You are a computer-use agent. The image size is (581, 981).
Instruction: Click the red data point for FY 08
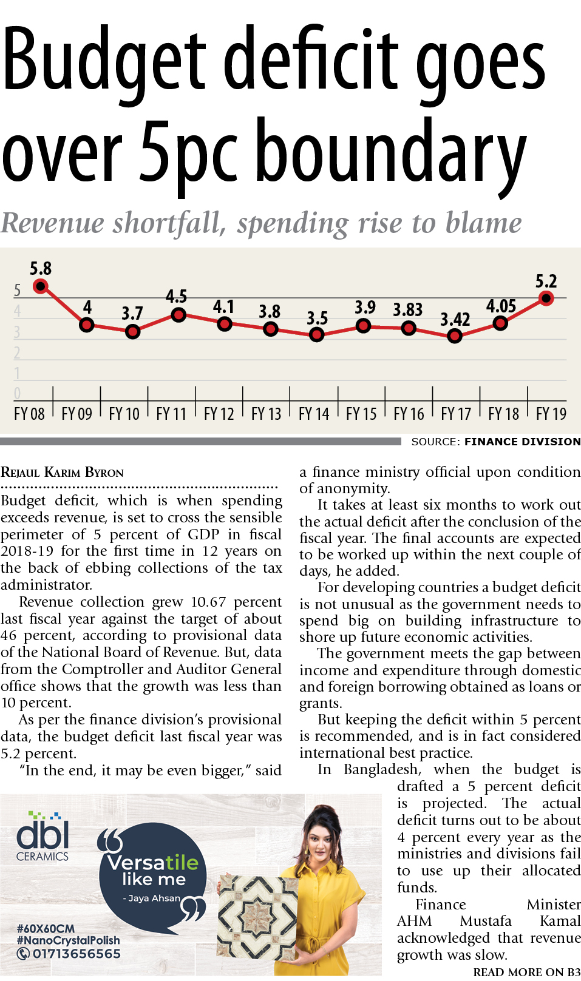(41, 286)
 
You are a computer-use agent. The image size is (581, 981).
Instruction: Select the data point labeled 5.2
(546, 298)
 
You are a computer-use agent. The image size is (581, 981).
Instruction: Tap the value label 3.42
(455, 319)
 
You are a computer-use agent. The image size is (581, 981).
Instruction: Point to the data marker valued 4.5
(178, 315)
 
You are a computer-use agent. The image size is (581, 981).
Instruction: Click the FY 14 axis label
(314, 414)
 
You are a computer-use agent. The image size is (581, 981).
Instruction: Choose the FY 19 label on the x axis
(551, 414)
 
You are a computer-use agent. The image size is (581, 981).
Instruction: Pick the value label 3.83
(407, 310)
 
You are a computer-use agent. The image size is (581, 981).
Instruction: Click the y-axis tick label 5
(17, 291)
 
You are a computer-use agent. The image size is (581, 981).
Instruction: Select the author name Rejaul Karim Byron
(62, 473)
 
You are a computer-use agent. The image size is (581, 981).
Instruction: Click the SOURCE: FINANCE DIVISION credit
(495, 442)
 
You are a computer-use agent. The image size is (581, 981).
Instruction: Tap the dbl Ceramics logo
(42, 837)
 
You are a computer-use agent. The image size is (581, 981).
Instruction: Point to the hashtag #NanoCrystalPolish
(68, 940)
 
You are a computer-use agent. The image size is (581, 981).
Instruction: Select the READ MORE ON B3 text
(526, 972)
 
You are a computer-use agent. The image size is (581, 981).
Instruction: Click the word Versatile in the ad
(152, 862)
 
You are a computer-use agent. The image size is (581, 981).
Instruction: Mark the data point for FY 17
(454, 335)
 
